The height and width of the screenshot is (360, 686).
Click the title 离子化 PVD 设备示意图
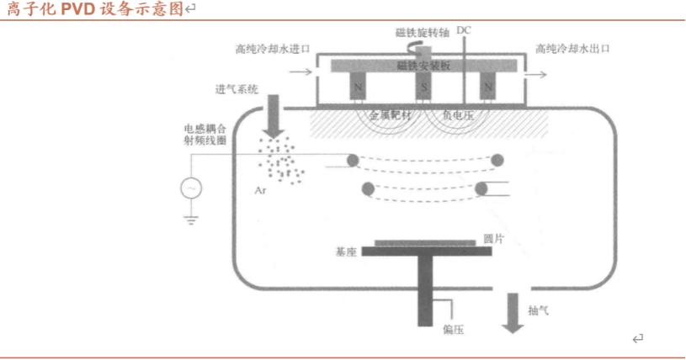pos(95,9)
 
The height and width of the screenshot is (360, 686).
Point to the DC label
pos(464,31)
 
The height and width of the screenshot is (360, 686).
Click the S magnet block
pos(424,87)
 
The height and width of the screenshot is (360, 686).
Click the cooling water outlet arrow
pos(532,74)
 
